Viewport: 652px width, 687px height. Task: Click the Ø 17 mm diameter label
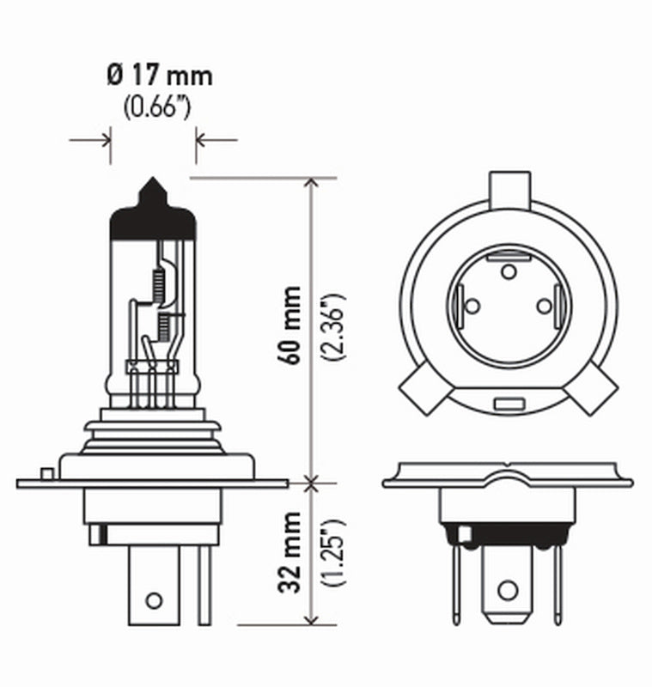160,76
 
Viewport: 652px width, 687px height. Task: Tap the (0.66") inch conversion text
155,108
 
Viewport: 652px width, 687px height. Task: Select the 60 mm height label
292,325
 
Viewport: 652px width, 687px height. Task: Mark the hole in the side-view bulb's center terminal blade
153,599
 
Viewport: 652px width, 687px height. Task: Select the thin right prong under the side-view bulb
204,584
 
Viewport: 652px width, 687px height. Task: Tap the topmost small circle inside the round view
508,272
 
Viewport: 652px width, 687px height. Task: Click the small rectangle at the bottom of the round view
508,403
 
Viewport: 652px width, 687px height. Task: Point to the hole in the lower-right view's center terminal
508,590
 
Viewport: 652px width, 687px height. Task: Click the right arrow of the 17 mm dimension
205,138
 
